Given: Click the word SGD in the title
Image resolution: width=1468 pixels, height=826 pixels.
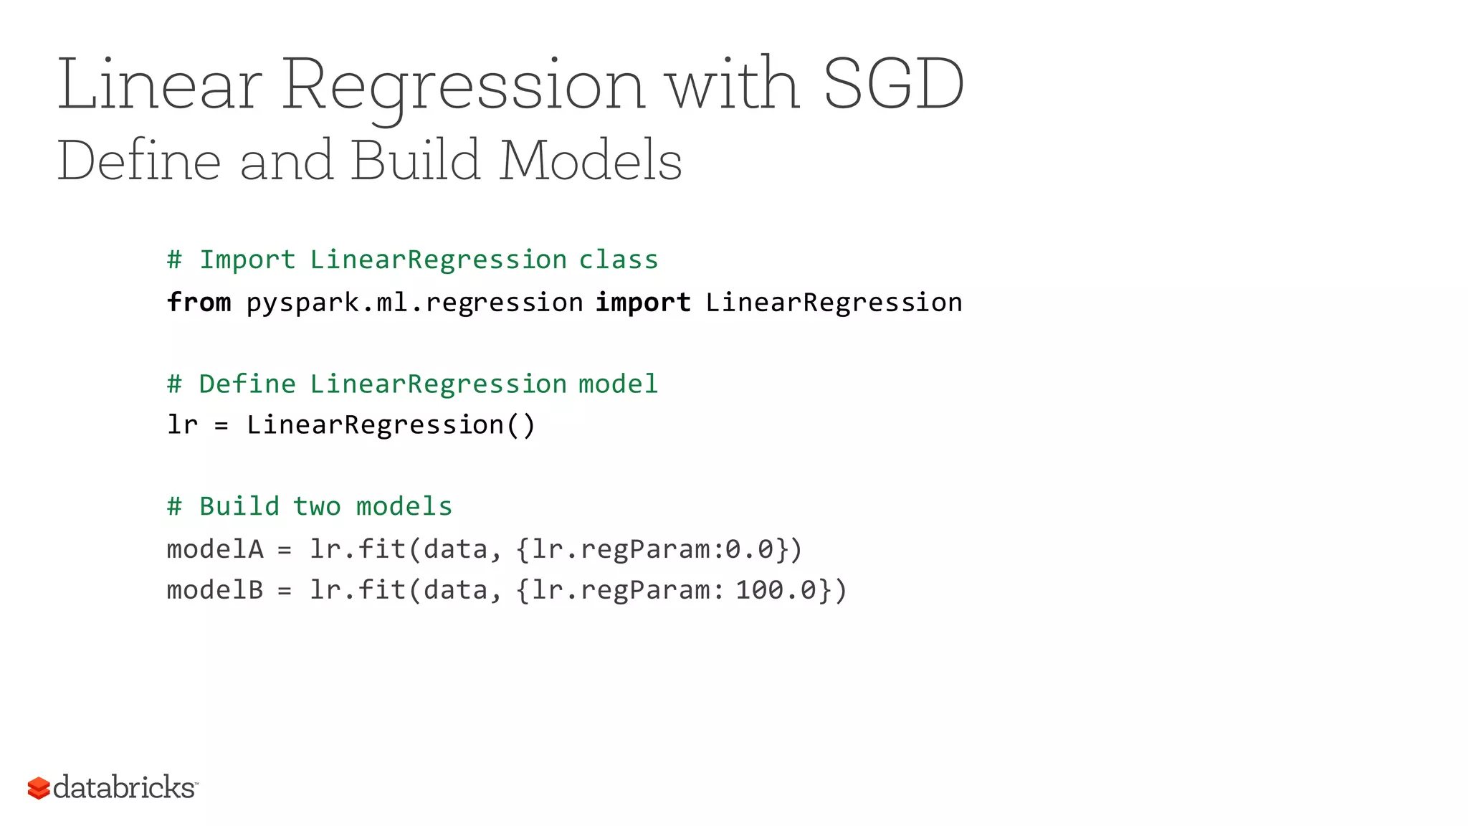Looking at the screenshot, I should point(893,85).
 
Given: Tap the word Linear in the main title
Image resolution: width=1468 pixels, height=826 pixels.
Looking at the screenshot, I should point(159,85).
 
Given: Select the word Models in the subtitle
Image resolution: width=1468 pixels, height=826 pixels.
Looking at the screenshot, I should point(591,161).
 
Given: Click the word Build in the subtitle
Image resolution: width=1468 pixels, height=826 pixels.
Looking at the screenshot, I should point(415,161).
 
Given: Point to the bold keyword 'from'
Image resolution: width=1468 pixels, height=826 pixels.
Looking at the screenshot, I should point(199,303).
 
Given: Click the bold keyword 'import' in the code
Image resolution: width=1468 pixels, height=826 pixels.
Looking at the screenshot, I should point(643,303).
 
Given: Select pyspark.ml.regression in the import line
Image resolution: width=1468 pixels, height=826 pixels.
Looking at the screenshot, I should point(414,303).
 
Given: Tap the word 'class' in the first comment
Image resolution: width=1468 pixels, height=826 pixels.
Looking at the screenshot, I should point(619,260).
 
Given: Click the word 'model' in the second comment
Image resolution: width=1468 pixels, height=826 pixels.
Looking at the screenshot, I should point(618,384).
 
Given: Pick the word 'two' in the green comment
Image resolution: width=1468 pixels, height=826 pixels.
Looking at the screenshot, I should point(317,507).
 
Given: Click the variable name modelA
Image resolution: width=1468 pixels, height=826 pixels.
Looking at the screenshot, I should point(215,549).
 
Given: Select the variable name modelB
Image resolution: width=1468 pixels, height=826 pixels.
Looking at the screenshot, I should point(215,590).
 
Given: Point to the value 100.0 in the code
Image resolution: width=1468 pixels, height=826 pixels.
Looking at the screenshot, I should point(776,590).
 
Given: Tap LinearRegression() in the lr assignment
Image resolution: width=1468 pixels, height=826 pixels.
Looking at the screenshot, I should point(391,425).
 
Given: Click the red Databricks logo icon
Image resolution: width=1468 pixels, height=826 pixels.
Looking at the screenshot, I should point(39,788).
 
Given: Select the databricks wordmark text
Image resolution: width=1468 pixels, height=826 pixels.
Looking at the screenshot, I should point(124,787).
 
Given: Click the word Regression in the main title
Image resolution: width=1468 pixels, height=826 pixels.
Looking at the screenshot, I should point(463,85).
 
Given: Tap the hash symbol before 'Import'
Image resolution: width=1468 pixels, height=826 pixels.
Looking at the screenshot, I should point(174,260).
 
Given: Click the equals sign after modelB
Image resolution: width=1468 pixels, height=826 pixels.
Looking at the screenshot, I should point(285,591).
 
